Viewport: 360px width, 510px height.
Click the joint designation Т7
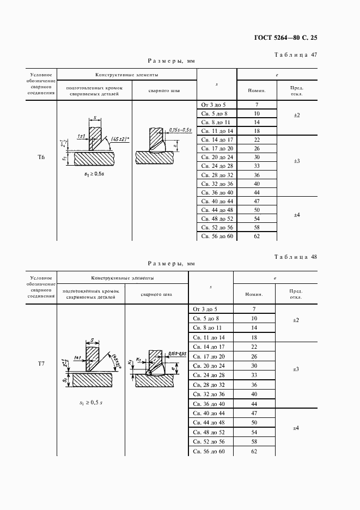click(41, 363)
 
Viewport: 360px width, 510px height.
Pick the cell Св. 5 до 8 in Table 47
click(217, 113)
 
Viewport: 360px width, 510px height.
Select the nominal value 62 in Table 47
click(256, 236)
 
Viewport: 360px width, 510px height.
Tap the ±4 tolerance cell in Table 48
click(297, 428)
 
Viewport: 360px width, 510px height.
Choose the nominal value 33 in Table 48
click(254, 375)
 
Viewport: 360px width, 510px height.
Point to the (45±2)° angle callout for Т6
click(120, 139)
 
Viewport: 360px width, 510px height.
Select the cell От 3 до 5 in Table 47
click(217, 104)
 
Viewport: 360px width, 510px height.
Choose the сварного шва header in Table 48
click(156, 294)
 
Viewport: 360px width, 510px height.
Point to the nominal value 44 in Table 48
click(254, 404)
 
